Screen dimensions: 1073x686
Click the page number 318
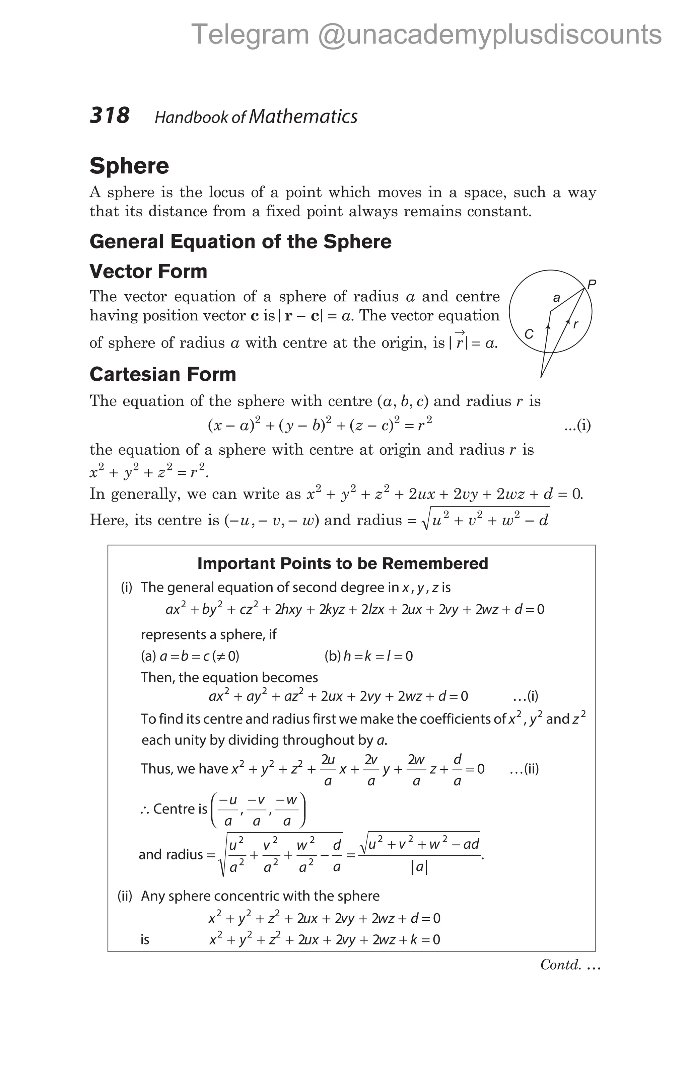click(x=109, y=116)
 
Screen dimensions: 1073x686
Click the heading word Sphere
click(x=129, y=166)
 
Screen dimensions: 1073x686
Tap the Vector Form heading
click(x=148, y=272)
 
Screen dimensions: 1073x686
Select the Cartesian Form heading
click(x=163, y=374)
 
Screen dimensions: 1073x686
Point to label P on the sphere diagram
click(x=592, y=284)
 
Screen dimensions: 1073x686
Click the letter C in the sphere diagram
click(x=529, y=334)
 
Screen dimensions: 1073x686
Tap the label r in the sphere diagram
click(x=575, y=324)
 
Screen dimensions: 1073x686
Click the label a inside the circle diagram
click(x=556, y=297)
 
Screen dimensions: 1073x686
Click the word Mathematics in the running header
click(x=303, y=117)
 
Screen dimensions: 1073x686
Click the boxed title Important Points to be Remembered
click(x=342, y=564)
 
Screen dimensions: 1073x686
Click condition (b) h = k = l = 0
click(x=369, y=656)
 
